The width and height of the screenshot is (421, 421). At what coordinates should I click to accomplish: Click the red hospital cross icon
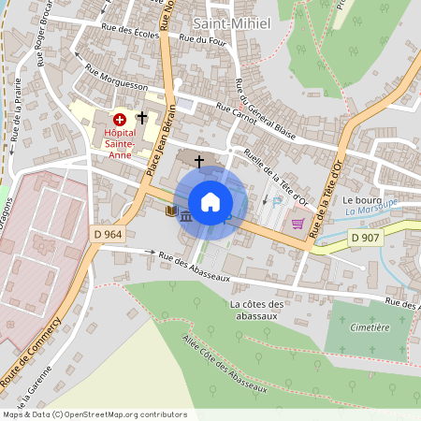[x=120, y=120]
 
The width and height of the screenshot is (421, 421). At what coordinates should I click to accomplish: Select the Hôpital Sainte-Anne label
[x=118, y=138]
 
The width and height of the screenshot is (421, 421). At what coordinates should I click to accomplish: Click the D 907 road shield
[x=367, y=239]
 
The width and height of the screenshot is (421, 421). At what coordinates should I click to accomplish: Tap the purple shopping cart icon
[x=298, y=224]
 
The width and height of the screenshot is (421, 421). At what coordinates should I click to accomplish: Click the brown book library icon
[x=170, y=211]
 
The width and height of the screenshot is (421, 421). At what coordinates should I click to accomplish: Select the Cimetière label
[x=370, y=327]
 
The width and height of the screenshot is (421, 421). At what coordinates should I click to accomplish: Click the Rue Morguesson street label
[x=117, y=84]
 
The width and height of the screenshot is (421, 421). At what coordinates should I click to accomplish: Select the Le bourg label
[x=358, y=200]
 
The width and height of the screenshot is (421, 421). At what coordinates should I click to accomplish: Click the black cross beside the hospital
[x=142, y=118]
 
